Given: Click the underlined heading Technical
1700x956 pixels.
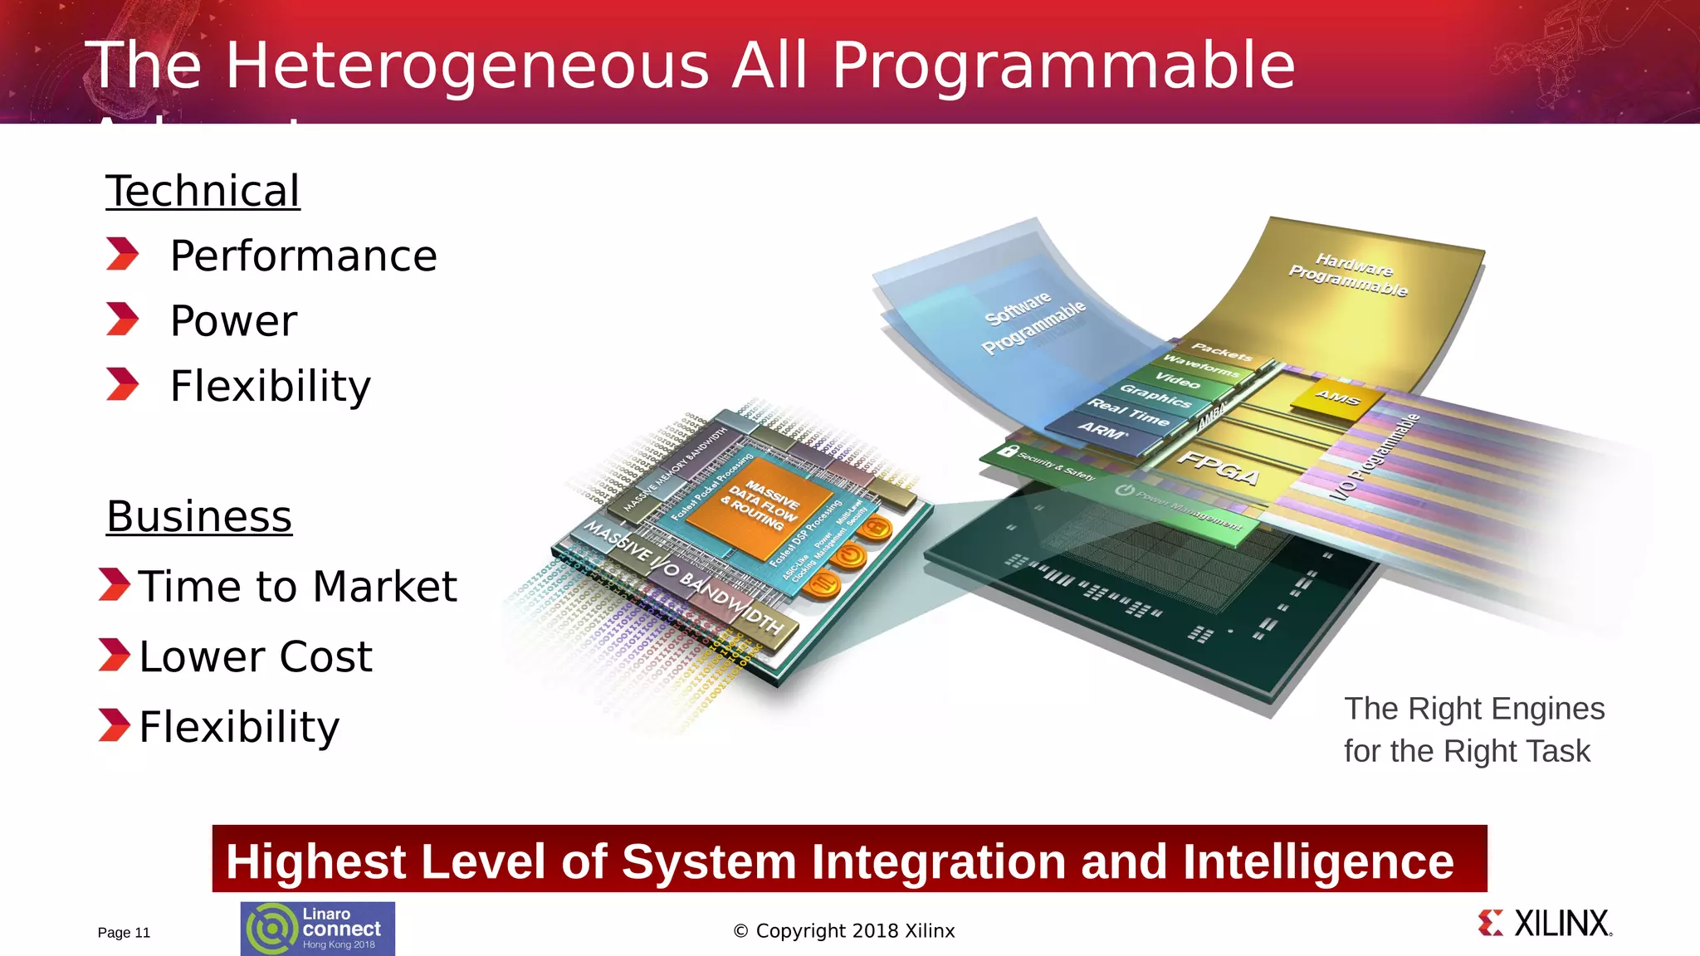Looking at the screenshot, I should [203, 192].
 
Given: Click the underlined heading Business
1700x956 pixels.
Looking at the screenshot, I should [199, 517].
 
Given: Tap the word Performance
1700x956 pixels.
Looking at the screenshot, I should [303, 256].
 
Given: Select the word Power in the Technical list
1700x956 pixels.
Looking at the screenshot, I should [233, 321].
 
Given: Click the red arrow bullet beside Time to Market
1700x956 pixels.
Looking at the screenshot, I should [114, 584].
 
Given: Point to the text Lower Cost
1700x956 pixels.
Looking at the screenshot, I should [256, 656].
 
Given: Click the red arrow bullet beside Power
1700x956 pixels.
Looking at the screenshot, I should [123, 319].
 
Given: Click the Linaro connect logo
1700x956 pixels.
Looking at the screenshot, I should [318, 929].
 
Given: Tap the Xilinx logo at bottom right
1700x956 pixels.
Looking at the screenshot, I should [1546, 924].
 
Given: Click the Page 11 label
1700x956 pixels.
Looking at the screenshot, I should [124, 933].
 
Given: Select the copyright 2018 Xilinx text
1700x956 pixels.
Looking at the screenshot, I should [844, 931].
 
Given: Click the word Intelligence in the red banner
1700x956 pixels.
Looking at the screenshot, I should [1318, 861].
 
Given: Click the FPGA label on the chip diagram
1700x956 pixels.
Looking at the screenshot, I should [1219, 468].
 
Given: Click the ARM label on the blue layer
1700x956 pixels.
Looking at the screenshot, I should [1102, 430].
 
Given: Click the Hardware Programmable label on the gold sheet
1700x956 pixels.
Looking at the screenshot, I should [1350, 275].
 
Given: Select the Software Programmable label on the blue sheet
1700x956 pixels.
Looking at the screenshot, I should [1033, 321].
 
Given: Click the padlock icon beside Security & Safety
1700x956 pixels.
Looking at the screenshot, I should [1008, 451].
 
